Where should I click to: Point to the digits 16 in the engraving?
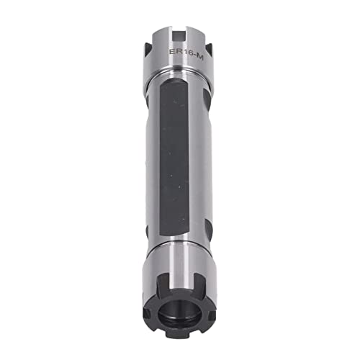click(x=185, y=51)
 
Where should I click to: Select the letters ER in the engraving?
click(x=174, y=51)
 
